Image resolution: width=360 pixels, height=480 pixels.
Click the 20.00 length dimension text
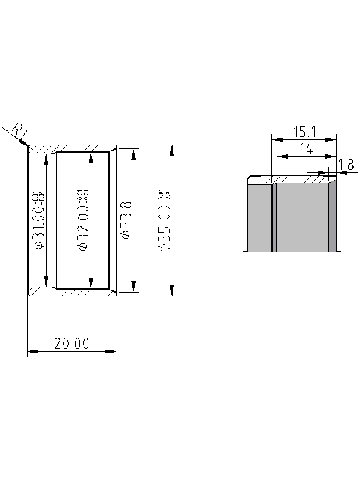(x=72, y=343)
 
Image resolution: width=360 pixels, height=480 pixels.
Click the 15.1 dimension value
(x=304, y=132)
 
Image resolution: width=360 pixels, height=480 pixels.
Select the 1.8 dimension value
(x=346, y=164)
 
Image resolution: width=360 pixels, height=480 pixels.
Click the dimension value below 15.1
(x=306, y=149)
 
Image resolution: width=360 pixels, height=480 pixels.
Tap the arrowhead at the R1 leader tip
(x=27, y=145)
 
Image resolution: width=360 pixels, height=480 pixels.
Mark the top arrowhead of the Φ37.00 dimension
(x=91, y=157)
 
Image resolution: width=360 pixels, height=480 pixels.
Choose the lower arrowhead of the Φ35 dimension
(x=172, y=289)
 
